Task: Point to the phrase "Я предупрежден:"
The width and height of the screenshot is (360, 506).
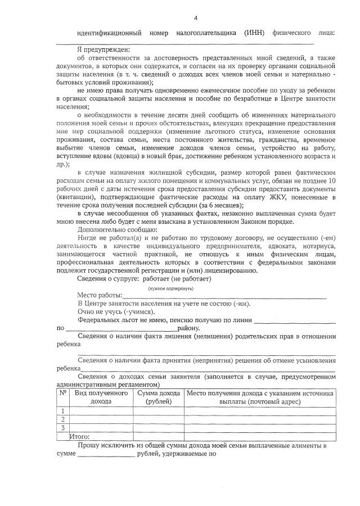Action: point(103,49)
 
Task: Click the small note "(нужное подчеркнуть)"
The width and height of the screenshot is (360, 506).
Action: point(171,288)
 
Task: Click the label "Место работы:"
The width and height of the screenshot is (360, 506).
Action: point(99,296)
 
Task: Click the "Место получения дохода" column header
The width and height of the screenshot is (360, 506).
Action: point(260,397)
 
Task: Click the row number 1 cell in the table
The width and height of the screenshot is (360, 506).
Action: point(63,411)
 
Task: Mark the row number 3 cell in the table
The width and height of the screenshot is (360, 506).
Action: point(63,427)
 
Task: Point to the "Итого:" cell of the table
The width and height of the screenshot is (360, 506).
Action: point(79,436)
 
